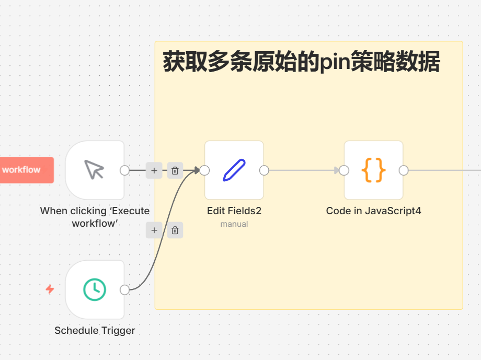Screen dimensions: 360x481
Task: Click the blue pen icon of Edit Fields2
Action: click(234, 170)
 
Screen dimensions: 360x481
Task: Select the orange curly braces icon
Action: click(373, 170)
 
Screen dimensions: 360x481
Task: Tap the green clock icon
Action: click(95, 289)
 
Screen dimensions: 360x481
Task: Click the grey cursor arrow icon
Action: click(95, 170)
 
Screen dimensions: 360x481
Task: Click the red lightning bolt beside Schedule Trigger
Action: click(50, 289)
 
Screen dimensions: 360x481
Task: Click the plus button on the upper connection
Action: click(154, 170)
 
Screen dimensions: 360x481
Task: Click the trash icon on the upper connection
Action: click(175, 170)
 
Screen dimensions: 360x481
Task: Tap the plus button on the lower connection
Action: click(154, 230)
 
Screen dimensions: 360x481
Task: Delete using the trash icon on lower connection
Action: click(175, 230)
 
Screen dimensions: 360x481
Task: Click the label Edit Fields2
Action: click(234, 211)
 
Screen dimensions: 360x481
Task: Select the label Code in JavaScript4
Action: click(373, 211)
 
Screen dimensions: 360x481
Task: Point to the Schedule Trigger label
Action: click(95, 331)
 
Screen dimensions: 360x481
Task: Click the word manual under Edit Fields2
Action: click(234, 224)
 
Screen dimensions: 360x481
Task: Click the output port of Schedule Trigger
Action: click(124, 289)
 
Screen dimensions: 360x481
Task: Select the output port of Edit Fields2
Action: click(264, 170)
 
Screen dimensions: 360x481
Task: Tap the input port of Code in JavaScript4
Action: click(343, 170)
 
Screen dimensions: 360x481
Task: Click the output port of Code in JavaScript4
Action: click(404, 170)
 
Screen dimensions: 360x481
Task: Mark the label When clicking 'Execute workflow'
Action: click(95, 217)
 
